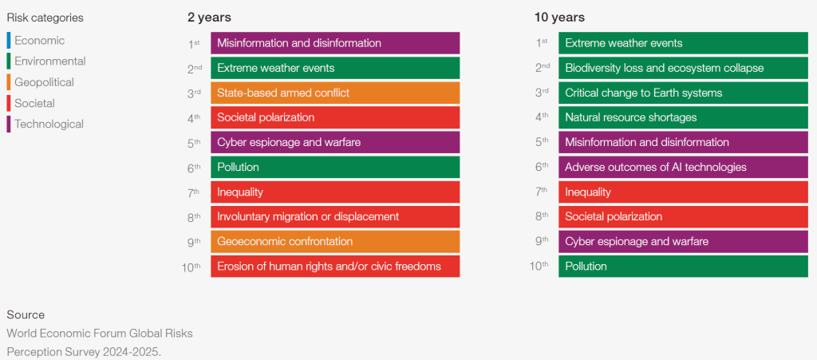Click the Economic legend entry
(39, 40)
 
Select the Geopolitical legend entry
(44, 82)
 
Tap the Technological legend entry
(49, 124)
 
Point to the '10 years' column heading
(559, 17)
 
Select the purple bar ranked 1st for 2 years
(335, 43)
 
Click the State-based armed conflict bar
(335, 93)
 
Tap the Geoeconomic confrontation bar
(335, 241)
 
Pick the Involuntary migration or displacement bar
(335, 216)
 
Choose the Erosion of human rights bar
(335, 266)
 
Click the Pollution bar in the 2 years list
(335, 167)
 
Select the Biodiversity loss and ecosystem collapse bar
(683, 68)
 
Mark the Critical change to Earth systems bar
(683, 93)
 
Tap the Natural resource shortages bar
(683, 117)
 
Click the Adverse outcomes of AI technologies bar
(683, 167)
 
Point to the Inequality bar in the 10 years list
(683, 192)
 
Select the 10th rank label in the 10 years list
(539, 266)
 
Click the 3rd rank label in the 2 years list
(195, 93)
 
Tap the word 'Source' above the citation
(26, 315)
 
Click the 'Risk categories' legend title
(45, 18)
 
